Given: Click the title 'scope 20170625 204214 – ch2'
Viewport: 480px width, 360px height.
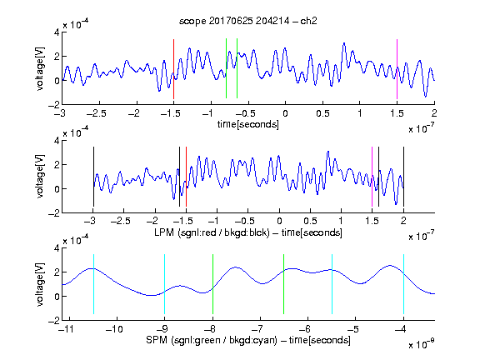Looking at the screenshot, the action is [248, 21].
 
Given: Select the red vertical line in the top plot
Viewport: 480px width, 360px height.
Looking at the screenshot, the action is [173, 69].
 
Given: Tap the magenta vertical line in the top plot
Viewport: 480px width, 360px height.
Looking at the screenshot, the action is [397, 69].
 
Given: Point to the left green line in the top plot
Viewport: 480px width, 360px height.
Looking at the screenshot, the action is [226, 68].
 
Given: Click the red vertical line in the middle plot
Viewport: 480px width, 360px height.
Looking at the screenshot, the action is [186, 177].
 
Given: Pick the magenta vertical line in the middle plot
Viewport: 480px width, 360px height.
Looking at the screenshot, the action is [372, 177].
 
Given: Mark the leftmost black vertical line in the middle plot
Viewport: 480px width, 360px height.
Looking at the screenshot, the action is [93, 177].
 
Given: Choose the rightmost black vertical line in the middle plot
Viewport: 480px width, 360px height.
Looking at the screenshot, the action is [403, 177].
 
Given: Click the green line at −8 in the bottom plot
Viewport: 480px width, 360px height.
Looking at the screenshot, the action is [212, 284].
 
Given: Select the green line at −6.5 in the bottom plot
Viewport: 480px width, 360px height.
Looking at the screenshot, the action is [284, 284].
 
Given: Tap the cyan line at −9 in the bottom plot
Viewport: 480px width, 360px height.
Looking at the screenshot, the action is [164, 284].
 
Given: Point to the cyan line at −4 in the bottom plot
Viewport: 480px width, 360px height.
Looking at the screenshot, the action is [403, 284].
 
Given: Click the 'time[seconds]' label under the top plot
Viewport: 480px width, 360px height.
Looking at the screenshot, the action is [248, 124].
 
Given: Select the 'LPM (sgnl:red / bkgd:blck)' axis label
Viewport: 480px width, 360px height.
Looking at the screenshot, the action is [212, 232].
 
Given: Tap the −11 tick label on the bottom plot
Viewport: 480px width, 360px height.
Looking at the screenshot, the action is [67, 329].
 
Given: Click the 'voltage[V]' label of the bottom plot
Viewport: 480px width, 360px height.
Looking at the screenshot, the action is [40, 284].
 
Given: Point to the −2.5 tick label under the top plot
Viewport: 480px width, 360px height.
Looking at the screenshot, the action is [97, 113].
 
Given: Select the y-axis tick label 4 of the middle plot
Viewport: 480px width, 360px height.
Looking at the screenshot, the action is [57, 141].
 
